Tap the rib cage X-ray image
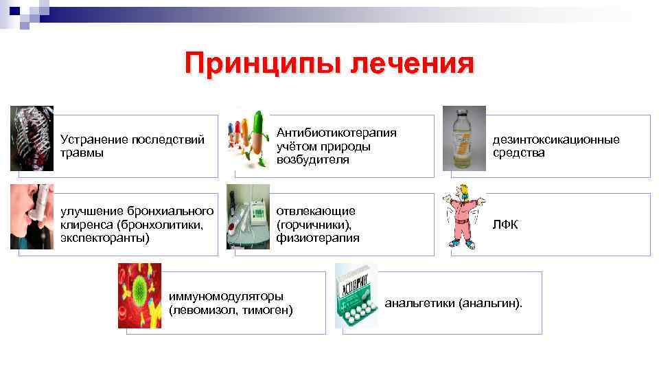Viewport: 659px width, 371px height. pyautogui.click(x=32, y=138)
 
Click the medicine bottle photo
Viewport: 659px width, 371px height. pyautogui.click(x=464, y=138)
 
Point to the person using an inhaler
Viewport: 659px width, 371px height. pyautogui.click(x=32, y=216)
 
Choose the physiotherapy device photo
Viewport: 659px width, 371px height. pyautogui.click(x=249, y=216)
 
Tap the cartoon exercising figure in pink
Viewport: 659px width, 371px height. pyautogui.click(x=466, y=216)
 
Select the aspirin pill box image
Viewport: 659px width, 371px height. pyautogui.click(x=356, y=295)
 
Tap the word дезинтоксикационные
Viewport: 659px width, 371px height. pyautogui.click(x=556, y=139)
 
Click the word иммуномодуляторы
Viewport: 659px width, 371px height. pyautogui.click(x=226, y=297)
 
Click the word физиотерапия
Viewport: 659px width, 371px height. pyautogui.click(x=318, y=238)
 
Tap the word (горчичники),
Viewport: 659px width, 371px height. pyautogui.click(x=314, y=224)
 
